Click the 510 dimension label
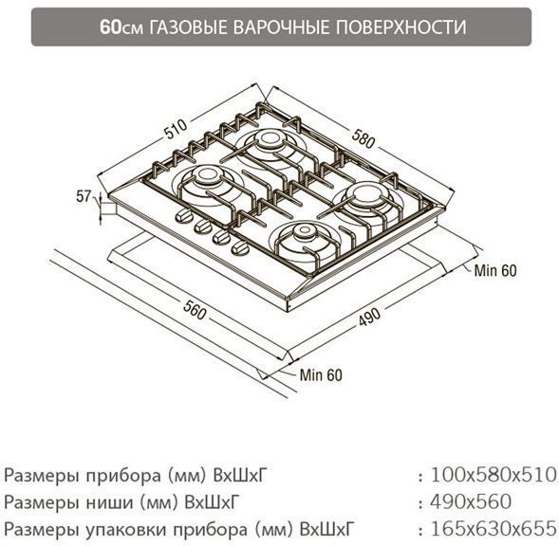176,129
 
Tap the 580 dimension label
363,138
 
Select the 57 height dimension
84,196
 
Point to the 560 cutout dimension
195,310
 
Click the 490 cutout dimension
370,317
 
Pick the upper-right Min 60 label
495,271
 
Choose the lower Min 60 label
321,375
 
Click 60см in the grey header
121,27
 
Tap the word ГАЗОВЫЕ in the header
188,27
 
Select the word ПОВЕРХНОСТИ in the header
401,27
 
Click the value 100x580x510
494,475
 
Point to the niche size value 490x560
471,501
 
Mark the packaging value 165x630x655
494,529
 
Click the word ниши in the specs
111,503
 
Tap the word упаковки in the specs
126,531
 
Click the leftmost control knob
183,216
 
